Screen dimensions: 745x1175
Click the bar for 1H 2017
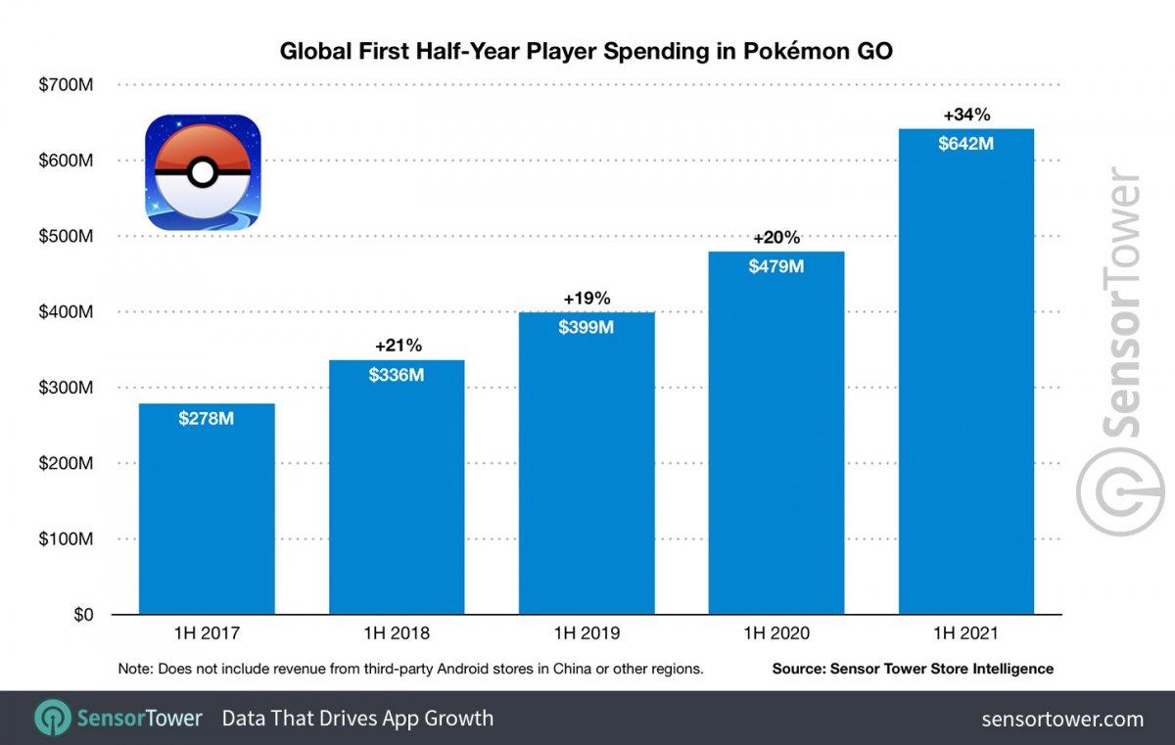coord(207,509)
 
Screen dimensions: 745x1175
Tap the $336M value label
coord(397,374)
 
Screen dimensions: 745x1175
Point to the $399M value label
coord(586,327)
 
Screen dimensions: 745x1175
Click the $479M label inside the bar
coord(776,266)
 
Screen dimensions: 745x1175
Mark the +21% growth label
coord(398,345)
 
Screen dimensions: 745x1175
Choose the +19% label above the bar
coord(587,298)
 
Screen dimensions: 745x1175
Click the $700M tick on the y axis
coord(67,84)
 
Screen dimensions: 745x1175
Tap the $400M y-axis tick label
coord(67,311)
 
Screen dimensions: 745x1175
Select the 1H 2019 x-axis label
coord(586,633)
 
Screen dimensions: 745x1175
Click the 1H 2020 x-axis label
coord(776,633)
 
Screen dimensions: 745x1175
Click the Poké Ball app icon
coord(203,173)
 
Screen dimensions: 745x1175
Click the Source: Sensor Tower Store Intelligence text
coord(913,669)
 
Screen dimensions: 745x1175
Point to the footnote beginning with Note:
coord(410,669)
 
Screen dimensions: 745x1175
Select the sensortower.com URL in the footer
coord(1062,719)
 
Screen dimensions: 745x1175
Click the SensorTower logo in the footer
coord(117,719)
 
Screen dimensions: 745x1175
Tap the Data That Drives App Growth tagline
coord(357,719)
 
